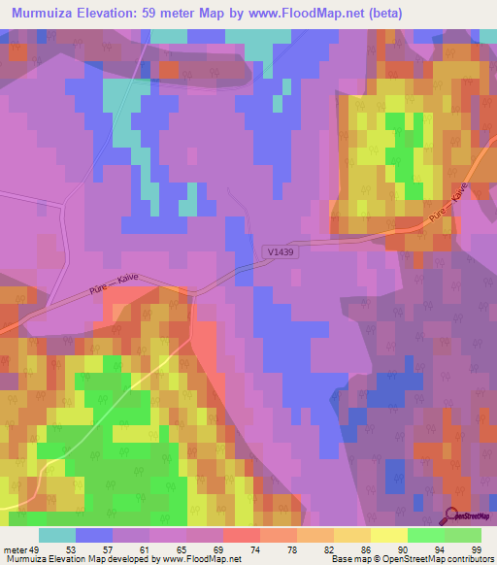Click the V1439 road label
(x=280, y=251)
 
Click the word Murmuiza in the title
(x=44, y=13)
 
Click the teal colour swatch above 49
(x=57, y=535)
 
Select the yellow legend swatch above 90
(x=387, y=535)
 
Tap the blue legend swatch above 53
(x=94, y=535)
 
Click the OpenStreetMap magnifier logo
(x=453, y=515)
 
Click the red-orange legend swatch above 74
(x=241, y=535)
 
